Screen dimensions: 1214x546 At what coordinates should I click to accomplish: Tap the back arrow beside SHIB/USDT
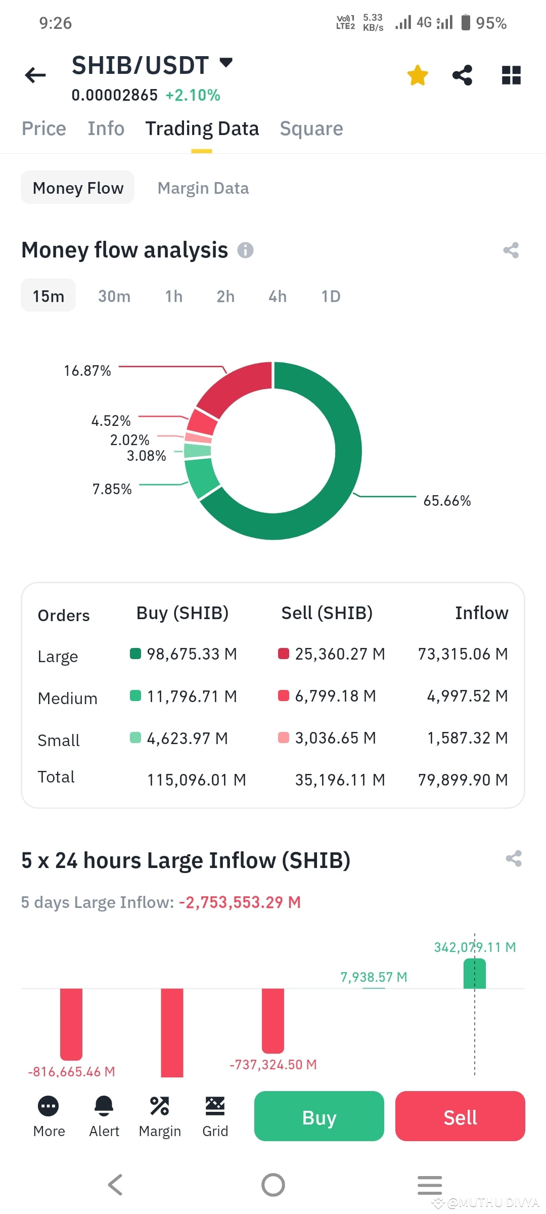pos(35,75)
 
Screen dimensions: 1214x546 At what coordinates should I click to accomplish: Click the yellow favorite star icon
pos(418,75)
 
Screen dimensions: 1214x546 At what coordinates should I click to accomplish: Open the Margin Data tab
pos(203,188)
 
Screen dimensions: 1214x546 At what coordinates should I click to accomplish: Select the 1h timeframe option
pos(174,296)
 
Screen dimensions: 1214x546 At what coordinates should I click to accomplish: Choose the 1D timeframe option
pos(331,296)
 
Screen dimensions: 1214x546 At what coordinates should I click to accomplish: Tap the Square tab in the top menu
pos(311,128)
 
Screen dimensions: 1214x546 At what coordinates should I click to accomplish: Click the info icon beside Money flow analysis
pos(246,250)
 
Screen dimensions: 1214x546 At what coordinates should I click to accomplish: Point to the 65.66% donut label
pos(447,501)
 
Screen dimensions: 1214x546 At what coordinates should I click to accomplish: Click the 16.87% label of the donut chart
pos(87,371)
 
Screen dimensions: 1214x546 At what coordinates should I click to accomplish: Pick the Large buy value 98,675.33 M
pos(192,654)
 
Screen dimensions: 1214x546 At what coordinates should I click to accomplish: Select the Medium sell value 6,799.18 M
pos(335,696)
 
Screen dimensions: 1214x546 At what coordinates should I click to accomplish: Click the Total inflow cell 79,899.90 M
pos(463,780)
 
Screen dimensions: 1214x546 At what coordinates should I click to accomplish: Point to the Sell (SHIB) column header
pos(327,613)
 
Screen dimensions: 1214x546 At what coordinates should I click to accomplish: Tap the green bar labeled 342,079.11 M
pos(474,973)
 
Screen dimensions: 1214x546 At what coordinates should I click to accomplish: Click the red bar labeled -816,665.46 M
pos(71,1024)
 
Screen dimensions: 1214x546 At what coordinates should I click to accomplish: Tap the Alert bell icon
pos(104,1106)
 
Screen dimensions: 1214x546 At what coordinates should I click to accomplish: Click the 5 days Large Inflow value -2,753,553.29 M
pos(240,902)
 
